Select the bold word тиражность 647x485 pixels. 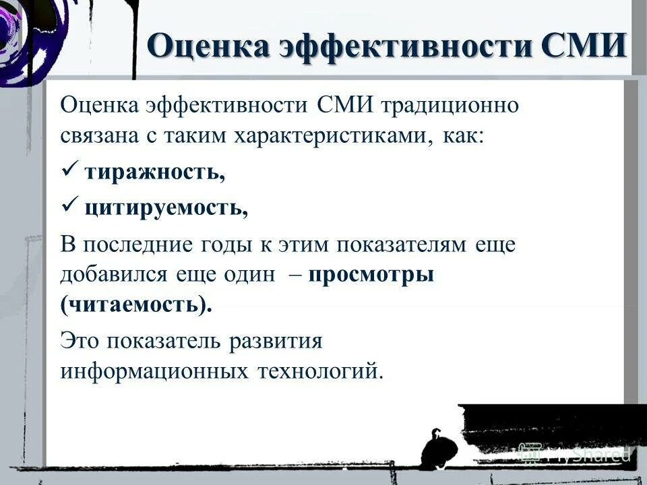point(154,172)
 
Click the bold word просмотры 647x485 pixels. point(372,276)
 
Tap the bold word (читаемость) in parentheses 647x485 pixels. point(135,305)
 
